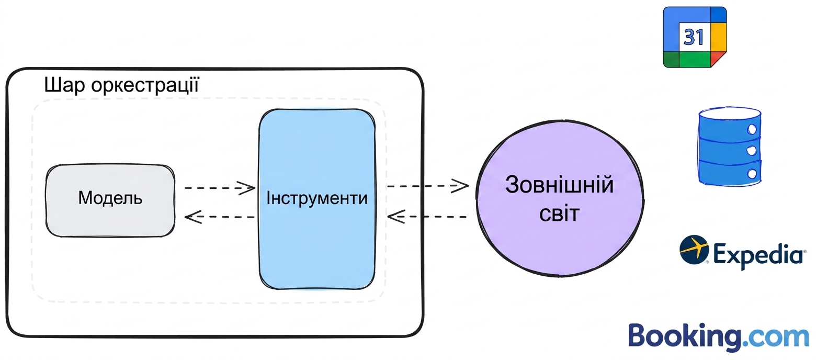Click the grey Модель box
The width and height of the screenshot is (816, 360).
point(110,200)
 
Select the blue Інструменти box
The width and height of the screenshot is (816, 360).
point(317,199)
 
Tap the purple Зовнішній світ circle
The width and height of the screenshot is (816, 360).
point(560,199)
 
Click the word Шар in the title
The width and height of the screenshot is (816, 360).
point(64,85)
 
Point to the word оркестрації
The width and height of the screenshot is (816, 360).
point(145,85)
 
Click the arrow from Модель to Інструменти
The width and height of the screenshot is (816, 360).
point(220,188)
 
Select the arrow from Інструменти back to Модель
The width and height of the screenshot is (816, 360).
point(220,217)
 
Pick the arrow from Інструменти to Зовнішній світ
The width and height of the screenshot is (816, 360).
point(428,186)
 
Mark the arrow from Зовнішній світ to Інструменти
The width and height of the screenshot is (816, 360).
point(427,217)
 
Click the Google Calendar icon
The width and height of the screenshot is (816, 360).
point(695,37)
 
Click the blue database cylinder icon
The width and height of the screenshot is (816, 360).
point(730,147)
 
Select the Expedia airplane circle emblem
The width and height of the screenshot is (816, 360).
point(694,249)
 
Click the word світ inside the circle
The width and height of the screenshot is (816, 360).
point(559,214)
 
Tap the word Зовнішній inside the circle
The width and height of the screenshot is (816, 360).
point(559,185)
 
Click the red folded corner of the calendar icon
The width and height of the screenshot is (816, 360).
point(718,58)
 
